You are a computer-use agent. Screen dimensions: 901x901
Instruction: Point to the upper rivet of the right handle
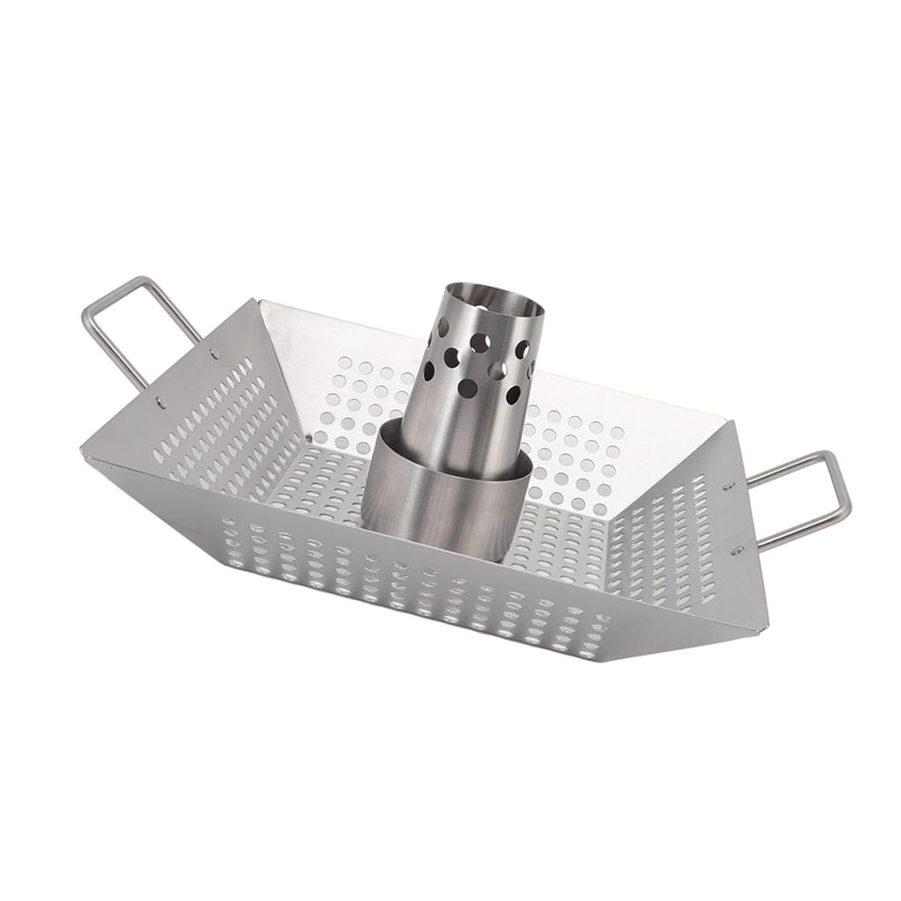coord(729,484)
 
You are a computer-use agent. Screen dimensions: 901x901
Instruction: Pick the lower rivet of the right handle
coord(737,549)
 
